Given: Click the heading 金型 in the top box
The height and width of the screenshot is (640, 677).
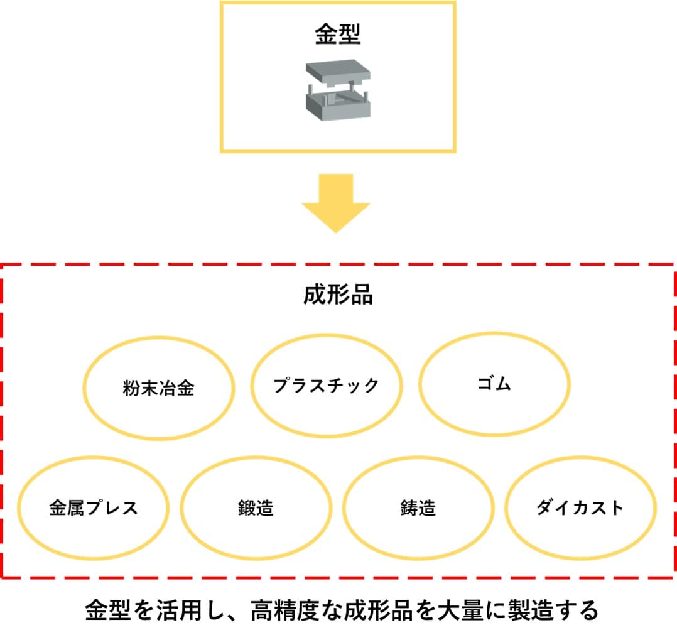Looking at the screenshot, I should (337, 35).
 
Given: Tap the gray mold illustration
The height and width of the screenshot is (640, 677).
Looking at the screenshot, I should (338, 90).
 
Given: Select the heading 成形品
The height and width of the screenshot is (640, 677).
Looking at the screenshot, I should (338, 295).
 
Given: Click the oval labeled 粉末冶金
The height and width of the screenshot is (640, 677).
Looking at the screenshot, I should (159, 388).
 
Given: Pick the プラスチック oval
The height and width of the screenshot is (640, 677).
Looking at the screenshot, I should (326, 385).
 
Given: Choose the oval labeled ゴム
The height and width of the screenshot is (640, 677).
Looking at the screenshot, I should (494, 384).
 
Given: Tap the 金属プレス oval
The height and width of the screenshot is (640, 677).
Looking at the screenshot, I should (94, 507).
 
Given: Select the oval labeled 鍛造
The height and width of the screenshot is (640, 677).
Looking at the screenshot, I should (256, 507).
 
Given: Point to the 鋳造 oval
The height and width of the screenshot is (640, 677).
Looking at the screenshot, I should (418, 507).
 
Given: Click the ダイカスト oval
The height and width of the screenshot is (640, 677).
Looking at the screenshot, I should (580, 507).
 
